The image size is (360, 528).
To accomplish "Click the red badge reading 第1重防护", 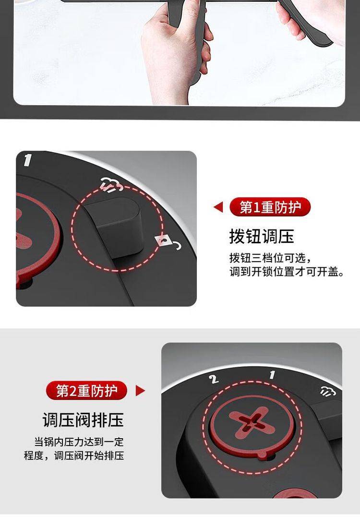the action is pos(270,207).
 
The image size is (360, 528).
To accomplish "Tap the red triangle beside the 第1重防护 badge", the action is pos(218,207).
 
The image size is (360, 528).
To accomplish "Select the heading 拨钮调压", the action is pos(262,236).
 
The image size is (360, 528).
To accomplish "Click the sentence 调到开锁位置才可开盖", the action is pos(287,271).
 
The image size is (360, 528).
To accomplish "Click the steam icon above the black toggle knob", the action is pos(112,185).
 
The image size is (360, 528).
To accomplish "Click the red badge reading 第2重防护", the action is pos(86,391).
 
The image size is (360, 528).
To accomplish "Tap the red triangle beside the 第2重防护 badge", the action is pos(140,391).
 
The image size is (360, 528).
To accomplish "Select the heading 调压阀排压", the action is pos(83,420).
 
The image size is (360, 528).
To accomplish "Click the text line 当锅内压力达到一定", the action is pos(79,442).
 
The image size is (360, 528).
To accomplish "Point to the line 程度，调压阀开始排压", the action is pos(74,455).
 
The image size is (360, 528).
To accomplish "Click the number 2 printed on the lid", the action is pos(214,379).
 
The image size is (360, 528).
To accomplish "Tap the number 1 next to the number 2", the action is pos(272,374).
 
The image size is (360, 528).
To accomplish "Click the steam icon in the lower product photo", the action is pos(327,390).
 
